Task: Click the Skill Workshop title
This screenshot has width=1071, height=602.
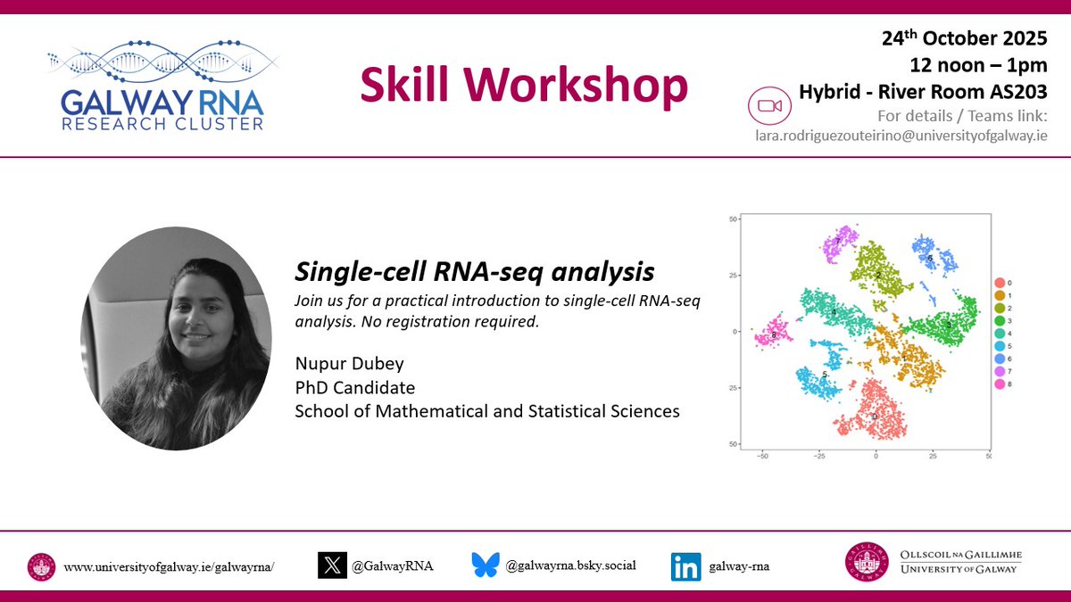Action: tap(524, 87)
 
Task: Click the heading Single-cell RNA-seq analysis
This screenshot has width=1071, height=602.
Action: tap(474, 270)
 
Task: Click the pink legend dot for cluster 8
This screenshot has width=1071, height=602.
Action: tap(1000, 384)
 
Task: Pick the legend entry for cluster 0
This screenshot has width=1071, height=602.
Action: tap(1000, 283)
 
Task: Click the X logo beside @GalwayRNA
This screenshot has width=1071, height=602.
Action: tap(332, 565)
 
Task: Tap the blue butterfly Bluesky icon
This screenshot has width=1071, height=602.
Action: tap(486, 565)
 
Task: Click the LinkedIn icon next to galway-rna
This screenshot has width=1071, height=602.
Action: tap(686, 566)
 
